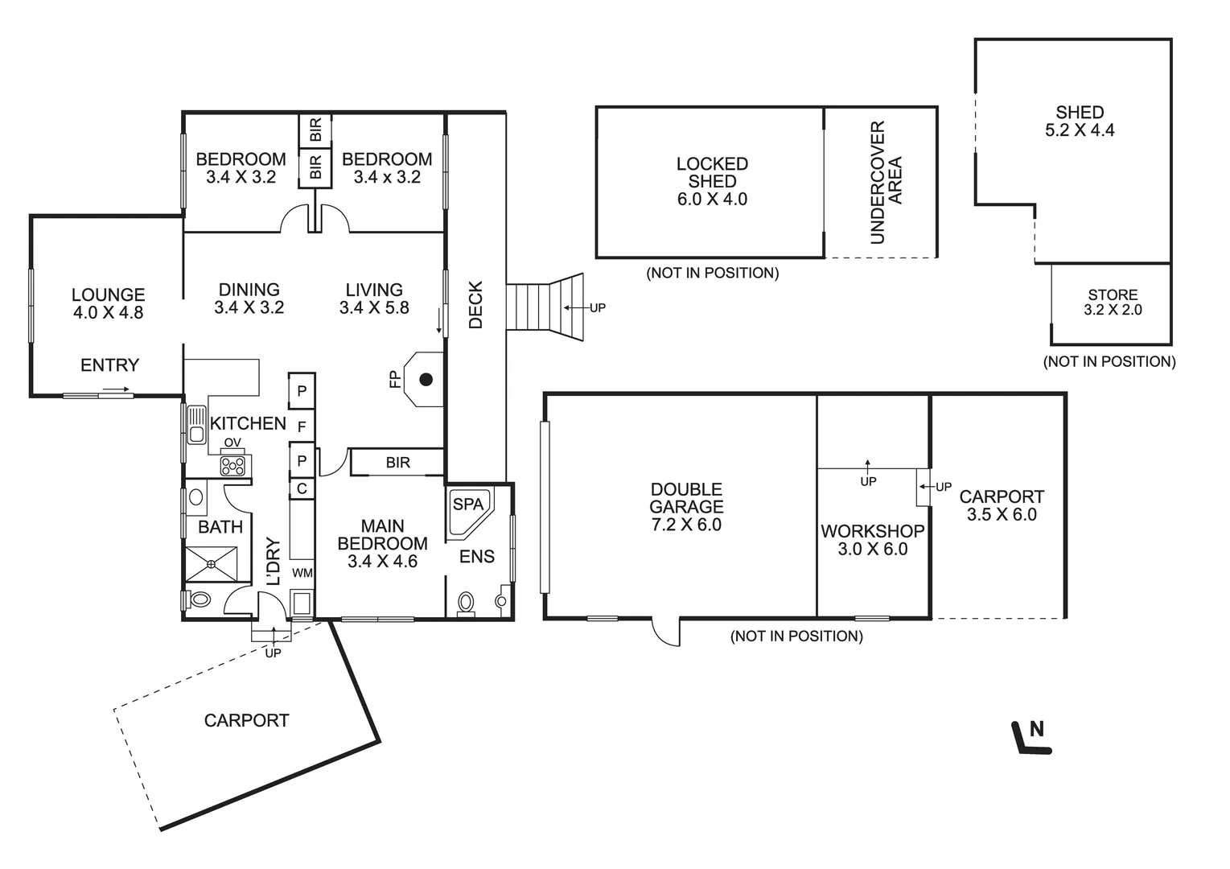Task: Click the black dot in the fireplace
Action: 426,379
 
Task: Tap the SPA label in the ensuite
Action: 468,504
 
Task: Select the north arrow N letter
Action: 1036,729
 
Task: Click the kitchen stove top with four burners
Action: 232,467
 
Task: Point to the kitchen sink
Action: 196,425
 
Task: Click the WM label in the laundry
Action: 302,573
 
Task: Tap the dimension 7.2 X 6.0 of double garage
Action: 686,525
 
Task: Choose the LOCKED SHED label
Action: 712,172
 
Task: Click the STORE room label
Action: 1113,294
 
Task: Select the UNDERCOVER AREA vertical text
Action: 886,183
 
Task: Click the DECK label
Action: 475,305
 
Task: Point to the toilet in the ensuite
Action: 466,603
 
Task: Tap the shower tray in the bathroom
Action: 212,563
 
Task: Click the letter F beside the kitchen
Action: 302,426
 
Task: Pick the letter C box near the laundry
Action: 302,488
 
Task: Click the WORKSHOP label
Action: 873,531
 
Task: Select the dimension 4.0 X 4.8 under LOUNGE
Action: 108,312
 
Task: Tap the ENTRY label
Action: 110,364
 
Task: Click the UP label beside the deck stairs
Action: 598,307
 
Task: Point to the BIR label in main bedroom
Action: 397,463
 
